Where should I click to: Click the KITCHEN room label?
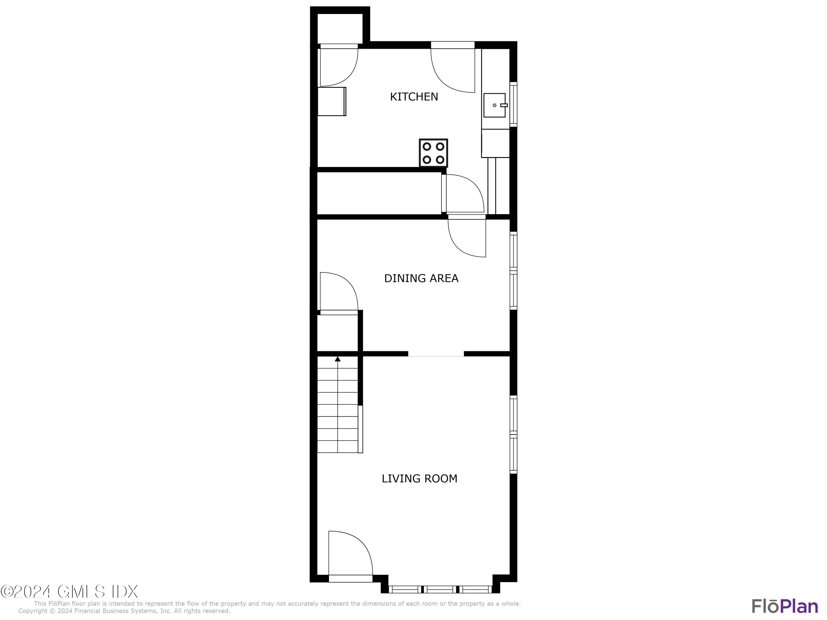tap(413, 97)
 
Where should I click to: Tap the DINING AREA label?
tap(421, 278)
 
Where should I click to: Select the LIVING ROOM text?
tap(419, 479)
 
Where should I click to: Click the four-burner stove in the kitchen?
tap(433, 153)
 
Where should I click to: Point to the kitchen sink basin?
tap(494, 105)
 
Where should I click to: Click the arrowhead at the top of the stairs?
tap(338, 359)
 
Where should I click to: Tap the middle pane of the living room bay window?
tap(440, 589)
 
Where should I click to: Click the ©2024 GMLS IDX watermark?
tap(69, 592)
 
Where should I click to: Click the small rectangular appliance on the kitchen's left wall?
tap(332, 102)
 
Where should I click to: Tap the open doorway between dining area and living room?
tap(436, 354)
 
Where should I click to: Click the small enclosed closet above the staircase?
tap(338, 333)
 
